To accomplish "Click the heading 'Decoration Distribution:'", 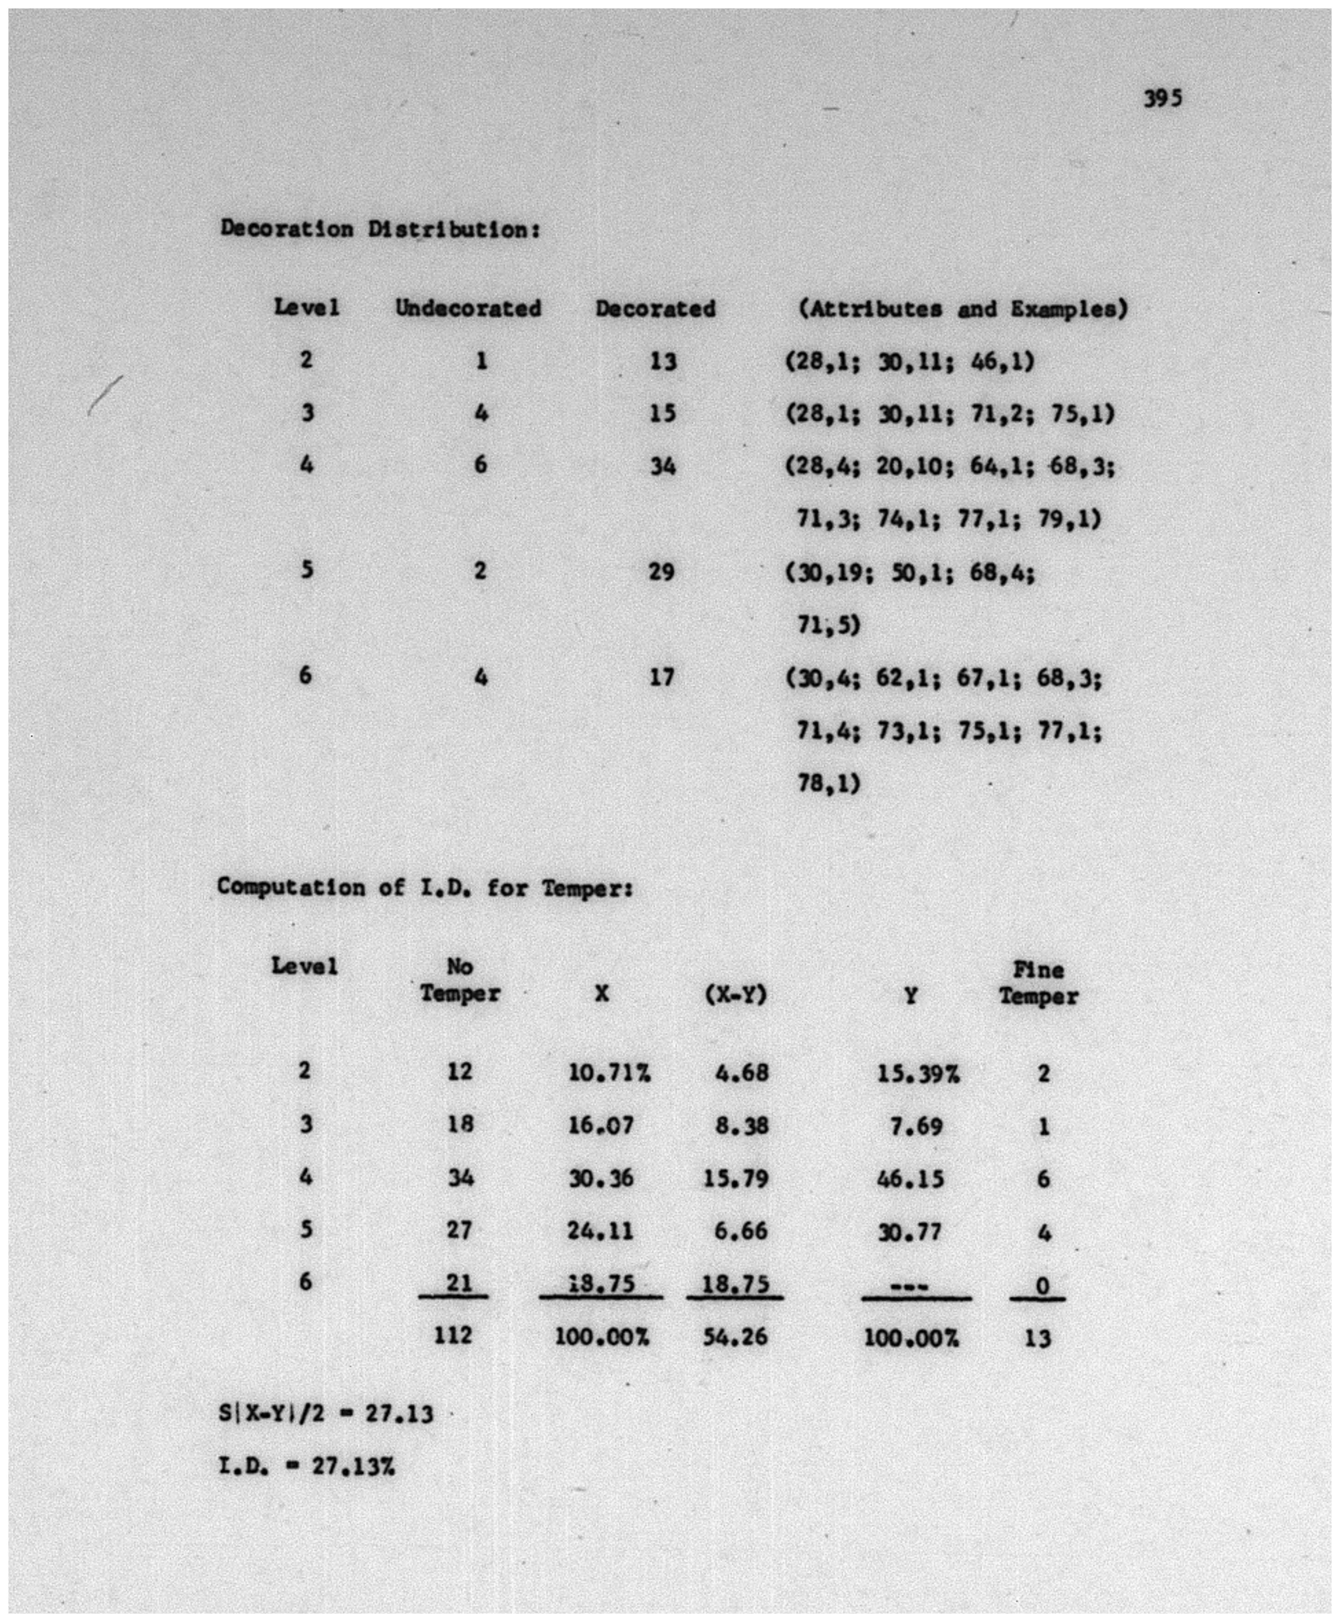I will [x=380, y=229].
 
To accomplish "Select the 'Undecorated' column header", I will [x=468, y=309].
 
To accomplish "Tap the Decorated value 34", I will [x=662, y=466].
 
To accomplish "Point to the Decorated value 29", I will [x=661, y=572].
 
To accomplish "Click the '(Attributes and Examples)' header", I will [x=963, y=309].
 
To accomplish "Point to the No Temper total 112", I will [x=453, y=1336].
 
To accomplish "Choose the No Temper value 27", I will [x=459, y=1230].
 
